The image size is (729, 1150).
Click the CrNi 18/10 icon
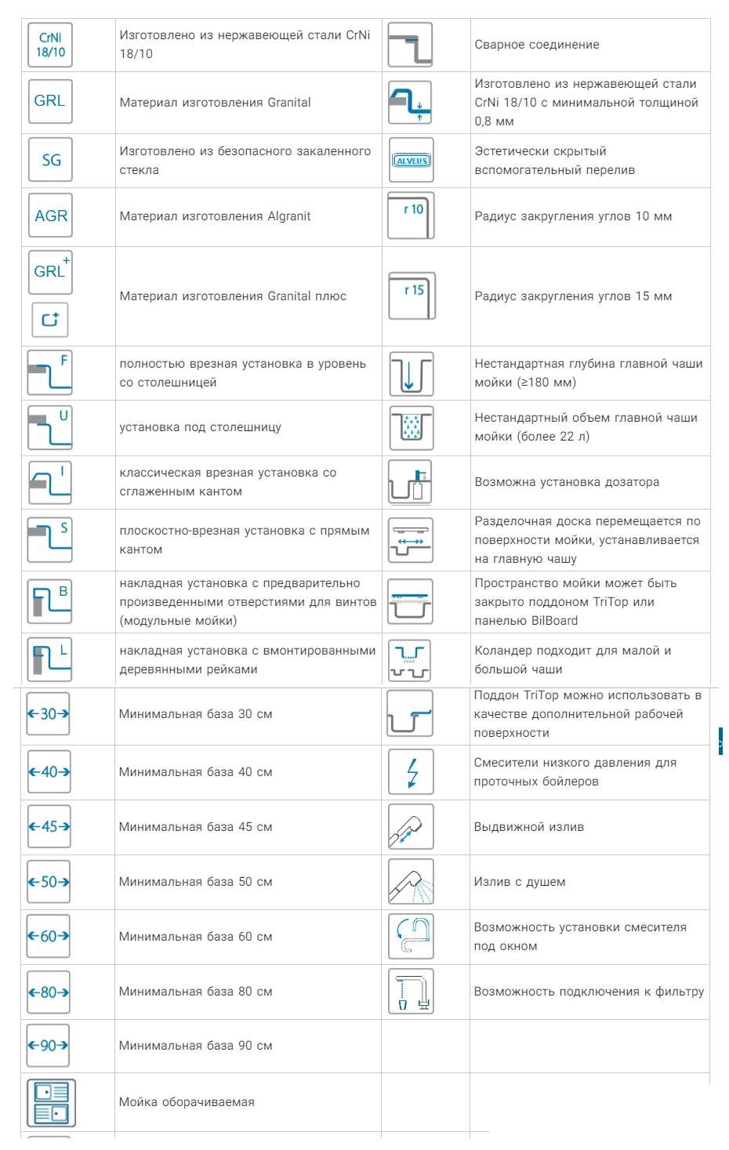[50, 45]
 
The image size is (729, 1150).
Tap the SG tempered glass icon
[50, 160]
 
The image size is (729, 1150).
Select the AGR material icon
[50, 216]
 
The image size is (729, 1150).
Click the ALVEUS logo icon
[411, 161]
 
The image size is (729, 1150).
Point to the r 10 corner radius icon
[411, 216]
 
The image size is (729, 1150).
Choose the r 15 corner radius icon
[412, 296]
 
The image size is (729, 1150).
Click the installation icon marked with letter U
[50, 427]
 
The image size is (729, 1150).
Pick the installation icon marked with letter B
[50, 601]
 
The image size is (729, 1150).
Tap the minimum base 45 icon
[49, 826]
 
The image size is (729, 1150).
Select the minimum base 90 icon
[48, 1045]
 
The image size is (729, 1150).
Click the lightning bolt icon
[411, 772]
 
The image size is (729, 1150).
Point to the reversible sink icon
[51, 1102]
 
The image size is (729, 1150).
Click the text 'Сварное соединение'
[536, 45]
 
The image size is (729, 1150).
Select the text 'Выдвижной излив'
[528, 827]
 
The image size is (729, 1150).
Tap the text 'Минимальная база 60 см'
[195, 937]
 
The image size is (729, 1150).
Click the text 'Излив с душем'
[519, 882]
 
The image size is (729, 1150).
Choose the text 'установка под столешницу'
[200, 427]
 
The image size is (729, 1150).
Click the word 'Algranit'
[288, 216]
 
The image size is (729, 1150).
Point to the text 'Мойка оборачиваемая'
[187, 1102]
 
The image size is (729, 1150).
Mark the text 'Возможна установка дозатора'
[566, 482]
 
